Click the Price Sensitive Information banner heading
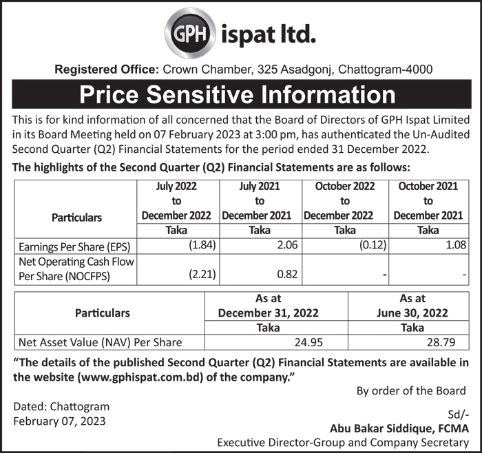238,94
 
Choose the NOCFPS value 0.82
286,275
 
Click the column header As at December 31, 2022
268,305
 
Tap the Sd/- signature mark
457,415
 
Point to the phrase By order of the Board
411,391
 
